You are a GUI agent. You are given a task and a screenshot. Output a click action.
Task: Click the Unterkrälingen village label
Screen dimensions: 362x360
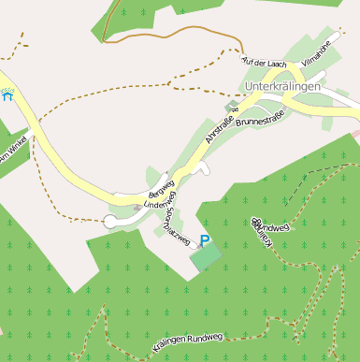(281, 87)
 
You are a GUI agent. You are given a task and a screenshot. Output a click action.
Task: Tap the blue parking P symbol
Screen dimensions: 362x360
(205, 241)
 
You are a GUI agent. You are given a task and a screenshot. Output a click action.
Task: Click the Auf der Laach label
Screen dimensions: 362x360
(263, 63)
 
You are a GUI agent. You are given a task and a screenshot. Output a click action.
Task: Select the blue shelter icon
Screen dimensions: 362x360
(8, 94)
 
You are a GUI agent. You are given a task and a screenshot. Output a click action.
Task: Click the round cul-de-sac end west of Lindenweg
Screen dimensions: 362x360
(110, 221)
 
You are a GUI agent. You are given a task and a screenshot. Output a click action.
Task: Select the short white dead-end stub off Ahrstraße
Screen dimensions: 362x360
(203, 169)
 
